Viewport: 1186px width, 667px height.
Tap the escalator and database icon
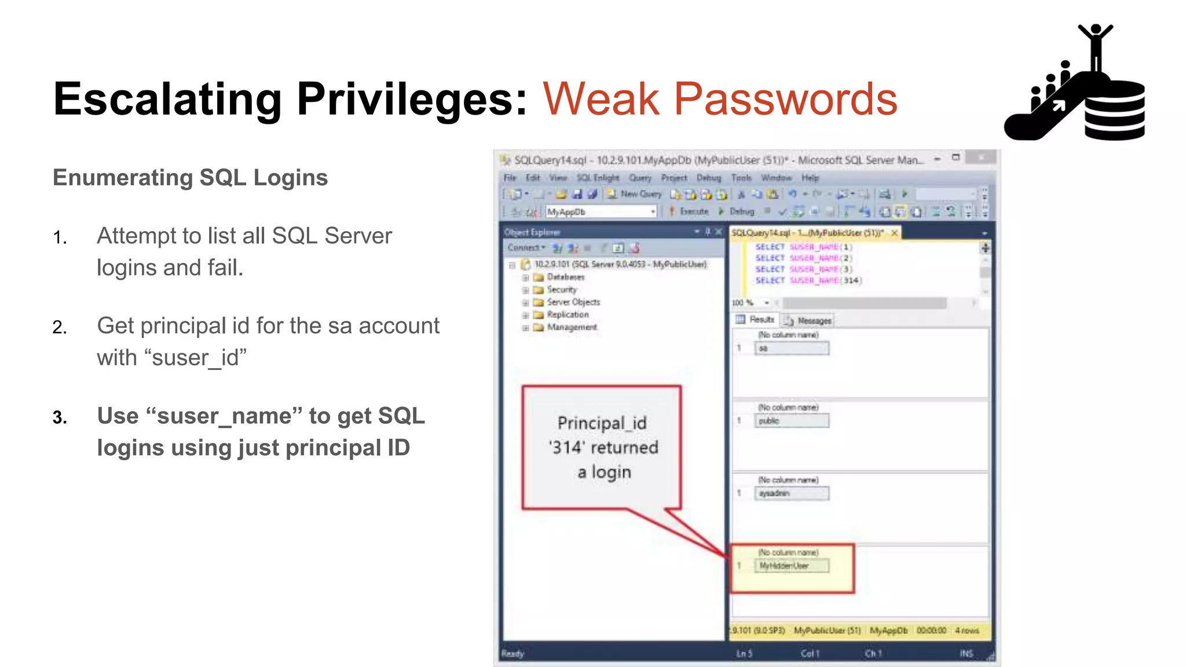(1075, 84)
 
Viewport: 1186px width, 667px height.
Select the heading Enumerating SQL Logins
(190, 178)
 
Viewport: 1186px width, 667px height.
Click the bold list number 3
(60, 417)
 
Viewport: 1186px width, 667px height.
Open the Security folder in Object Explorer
(561, 289)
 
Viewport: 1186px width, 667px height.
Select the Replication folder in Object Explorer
(567, 314)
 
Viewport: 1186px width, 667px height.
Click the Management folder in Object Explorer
(571, 327)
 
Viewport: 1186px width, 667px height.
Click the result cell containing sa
(792, 348)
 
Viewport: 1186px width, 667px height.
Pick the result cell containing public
(792, 421)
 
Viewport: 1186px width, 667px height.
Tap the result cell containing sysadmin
(792, 493)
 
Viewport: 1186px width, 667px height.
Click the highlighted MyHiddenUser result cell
(792, 566)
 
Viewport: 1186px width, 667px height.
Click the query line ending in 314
(808, 280)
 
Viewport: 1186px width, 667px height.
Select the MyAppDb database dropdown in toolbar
(601, 212)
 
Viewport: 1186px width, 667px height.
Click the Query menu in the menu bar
(640, 178)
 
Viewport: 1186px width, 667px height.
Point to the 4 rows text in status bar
(967, 630)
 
